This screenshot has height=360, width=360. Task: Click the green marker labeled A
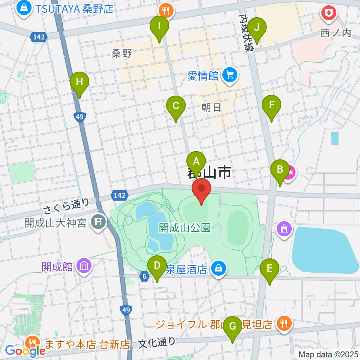196,162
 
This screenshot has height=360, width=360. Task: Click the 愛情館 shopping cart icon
228,76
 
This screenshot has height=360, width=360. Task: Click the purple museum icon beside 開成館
83,267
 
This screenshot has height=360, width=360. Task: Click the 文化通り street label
156,342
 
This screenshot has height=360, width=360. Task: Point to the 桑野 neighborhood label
121,53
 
